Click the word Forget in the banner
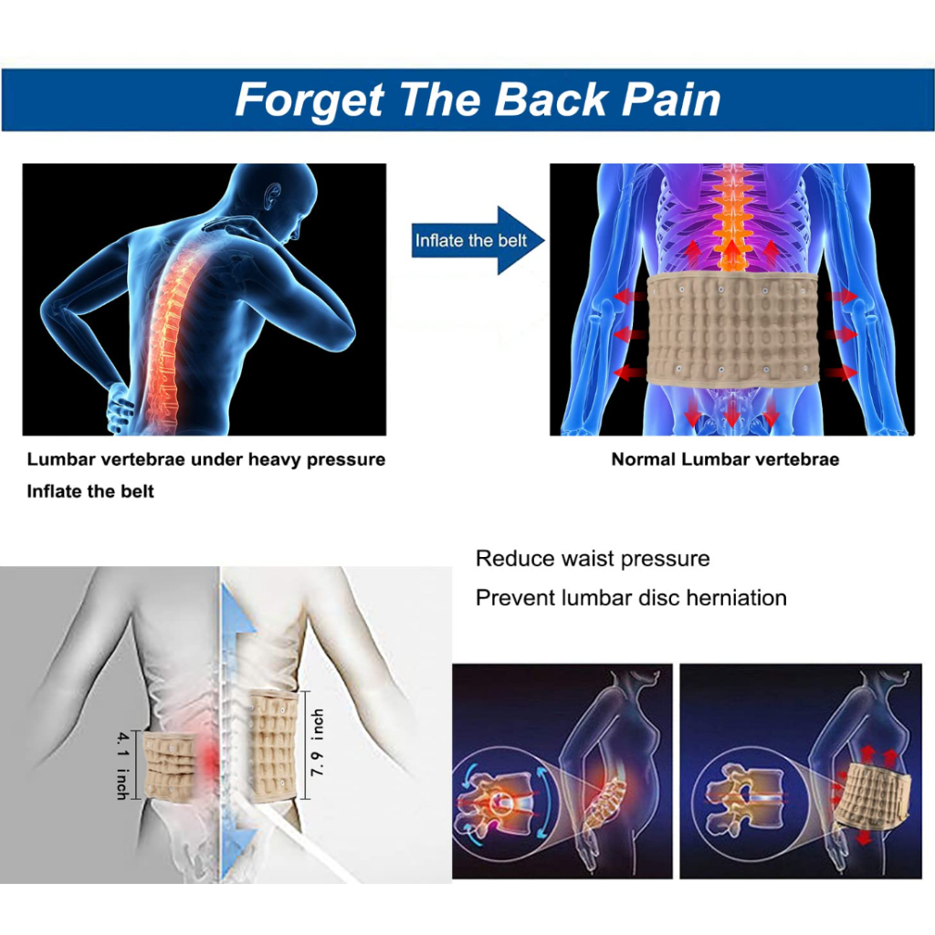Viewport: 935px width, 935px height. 310,100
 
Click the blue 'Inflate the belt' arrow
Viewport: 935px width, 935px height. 478,240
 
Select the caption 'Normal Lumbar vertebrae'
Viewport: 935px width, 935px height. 725,459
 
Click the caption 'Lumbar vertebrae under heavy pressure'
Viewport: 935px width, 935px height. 206,460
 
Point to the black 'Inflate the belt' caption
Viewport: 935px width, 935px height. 90,491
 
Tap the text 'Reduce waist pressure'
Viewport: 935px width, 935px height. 593,559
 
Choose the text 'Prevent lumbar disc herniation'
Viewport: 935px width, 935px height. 631,597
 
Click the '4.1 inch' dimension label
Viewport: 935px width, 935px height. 122,766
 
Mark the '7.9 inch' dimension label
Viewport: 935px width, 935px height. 317,742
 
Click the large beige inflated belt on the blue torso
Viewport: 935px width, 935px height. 732,329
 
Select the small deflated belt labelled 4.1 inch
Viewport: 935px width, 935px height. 170,766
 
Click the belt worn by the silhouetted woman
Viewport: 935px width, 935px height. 872,793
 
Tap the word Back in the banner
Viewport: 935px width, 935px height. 551,99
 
